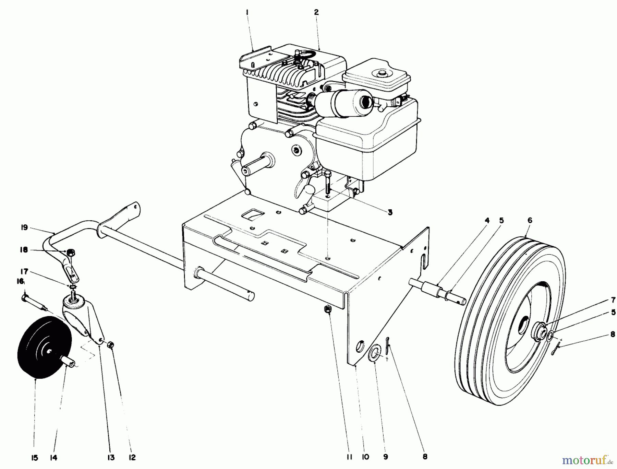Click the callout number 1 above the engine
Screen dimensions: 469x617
tap(247, 12)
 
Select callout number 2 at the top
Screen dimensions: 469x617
tap(316, 12)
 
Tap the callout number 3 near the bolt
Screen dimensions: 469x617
tap(390, 212)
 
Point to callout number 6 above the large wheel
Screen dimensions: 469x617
tap(530, 220)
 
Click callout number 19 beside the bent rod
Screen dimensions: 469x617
tap(24, 227)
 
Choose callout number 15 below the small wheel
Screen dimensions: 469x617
tap(35, 457)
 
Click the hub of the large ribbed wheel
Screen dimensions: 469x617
tap(539, 332)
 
